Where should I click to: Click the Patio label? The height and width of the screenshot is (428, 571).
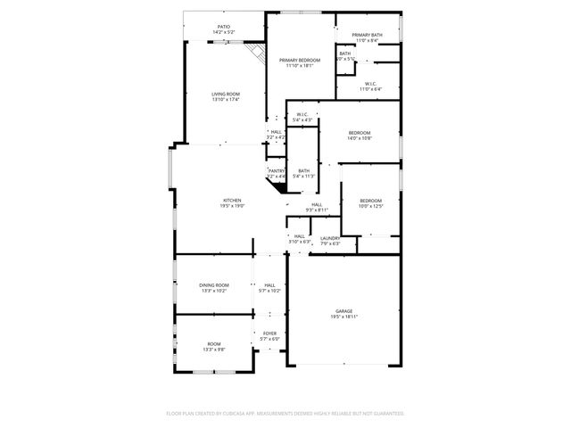point(223,27)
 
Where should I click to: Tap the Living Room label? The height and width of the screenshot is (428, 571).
point(226,94)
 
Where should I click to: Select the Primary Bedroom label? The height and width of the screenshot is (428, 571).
point(299,60)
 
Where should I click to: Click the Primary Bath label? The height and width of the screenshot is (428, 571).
point(367,35)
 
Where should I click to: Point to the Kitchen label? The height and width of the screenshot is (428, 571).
point(232,201)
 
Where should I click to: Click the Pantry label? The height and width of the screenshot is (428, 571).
point(277,170)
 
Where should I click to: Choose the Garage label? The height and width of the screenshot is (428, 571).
point(344,311)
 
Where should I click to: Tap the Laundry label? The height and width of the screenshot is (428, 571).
point(330,237)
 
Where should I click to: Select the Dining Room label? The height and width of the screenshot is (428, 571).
point(214,285)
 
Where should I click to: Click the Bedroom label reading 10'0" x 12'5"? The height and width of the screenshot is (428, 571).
point(370,201)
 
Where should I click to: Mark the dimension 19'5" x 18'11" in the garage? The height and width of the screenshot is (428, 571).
point(344,317)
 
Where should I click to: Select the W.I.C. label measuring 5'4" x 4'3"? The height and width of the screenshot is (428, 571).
point(302,114)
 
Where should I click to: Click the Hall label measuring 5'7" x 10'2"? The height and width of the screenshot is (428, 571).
point(269,285)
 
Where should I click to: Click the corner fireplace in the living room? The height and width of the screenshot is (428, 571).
point(258,52)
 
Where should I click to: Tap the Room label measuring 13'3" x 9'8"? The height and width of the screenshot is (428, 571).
point(214,343)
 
